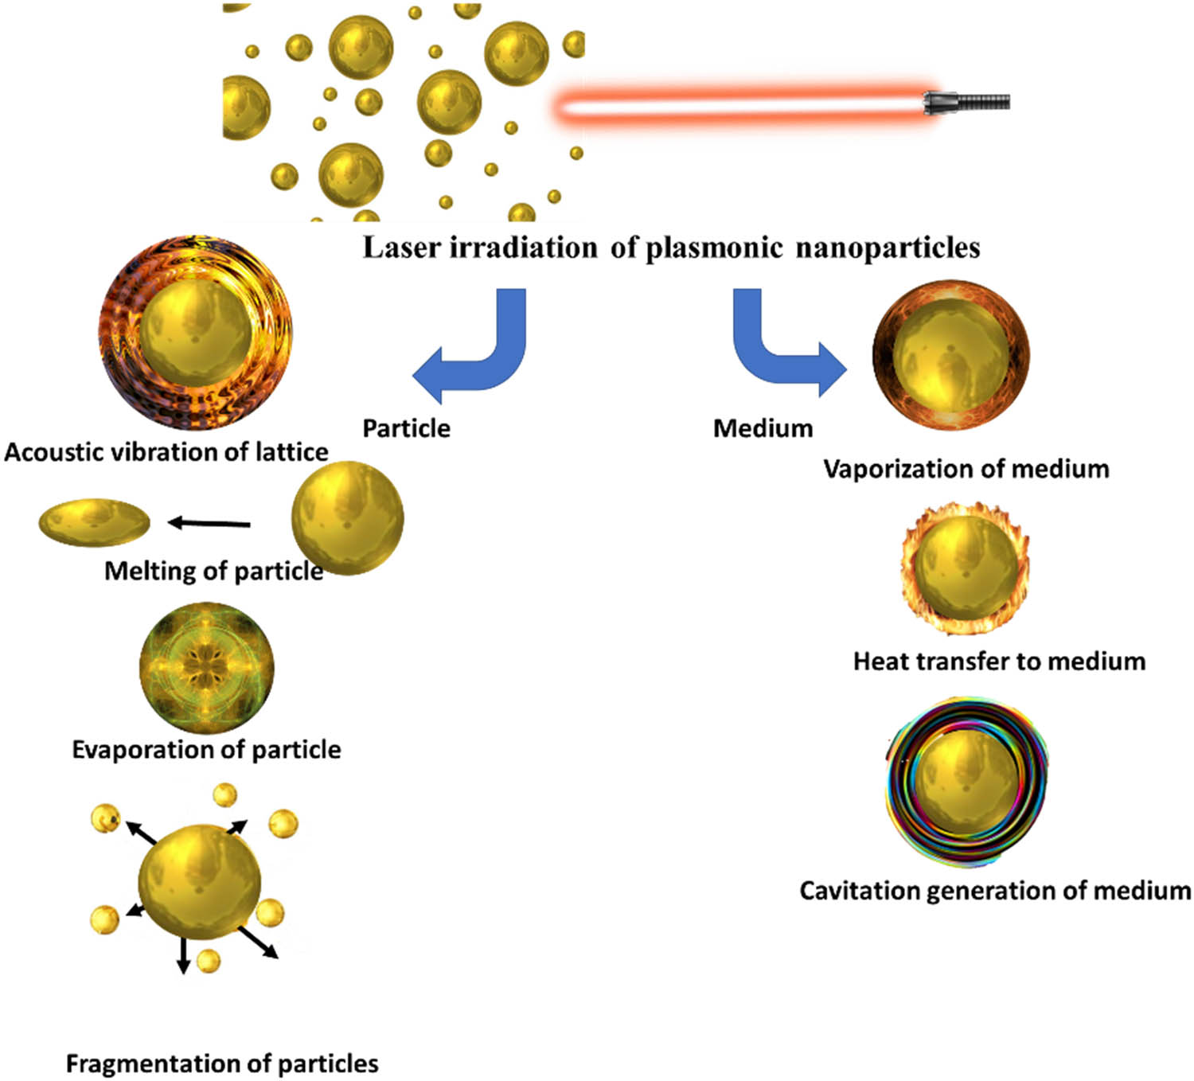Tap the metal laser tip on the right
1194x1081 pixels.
[x=966, y=103]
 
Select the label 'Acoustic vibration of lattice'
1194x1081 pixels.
[x=166, y=452]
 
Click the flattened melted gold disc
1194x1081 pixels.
[x=94, y=522]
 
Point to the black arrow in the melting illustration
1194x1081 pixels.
[x=209, y=523]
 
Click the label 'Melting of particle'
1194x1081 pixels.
[x=213, y=571]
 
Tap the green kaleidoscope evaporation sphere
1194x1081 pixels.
[x=207, y=667]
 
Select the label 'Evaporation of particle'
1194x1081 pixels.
[x=206, y=749]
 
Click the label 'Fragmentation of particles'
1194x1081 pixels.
[x=222, y=1063]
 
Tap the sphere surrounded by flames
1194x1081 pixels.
[x=966, y=567]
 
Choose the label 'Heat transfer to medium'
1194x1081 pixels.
[x=999, y=661]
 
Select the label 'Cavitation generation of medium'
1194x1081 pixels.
[x=995, y=890]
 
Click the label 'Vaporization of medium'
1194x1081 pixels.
[x=966, y=469]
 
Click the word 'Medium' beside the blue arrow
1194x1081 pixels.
[x=763, y=428]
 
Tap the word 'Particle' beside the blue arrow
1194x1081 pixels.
[x=406, y=428]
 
